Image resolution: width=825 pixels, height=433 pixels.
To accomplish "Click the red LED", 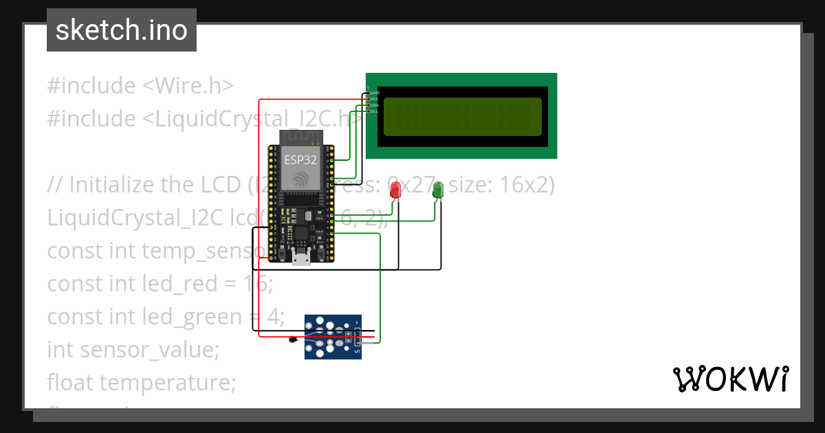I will (x=395, y=189).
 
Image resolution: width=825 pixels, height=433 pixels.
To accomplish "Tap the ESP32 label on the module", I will (x=300, y=159).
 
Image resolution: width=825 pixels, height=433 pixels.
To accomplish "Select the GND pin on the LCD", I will (x=374, y=92).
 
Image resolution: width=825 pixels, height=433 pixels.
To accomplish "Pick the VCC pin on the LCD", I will (x=374, y=98).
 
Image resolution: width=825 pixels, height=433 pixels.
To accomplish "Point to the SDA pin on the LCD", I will (x=374, y=104).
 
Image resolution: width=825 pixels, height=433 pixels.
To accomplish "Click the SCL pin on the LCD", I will (x=374, y=111).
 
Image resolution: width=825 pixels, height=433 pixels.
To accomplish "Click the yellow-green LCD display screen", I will (x=462, y=116).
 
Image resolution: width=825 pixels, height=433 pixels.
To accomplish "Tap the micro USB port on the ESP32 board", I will (x=301, y=258).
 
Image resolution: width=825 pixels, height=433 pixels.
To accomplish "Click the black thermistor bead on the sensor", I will (x=292, y=338).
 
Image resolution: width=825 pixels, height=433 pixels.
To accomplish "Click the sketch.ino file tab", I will (x=122, y=30).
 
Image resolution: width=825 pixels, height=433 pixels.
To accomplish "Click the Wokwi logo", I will (x=730, y=379).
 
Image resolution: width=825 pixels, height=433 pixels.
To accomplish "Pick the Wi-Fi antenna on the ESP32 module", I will (x=300, y=136).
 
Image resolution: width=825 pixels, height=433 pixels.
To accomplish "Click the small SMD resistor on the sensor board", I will (x=348, y=337).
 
